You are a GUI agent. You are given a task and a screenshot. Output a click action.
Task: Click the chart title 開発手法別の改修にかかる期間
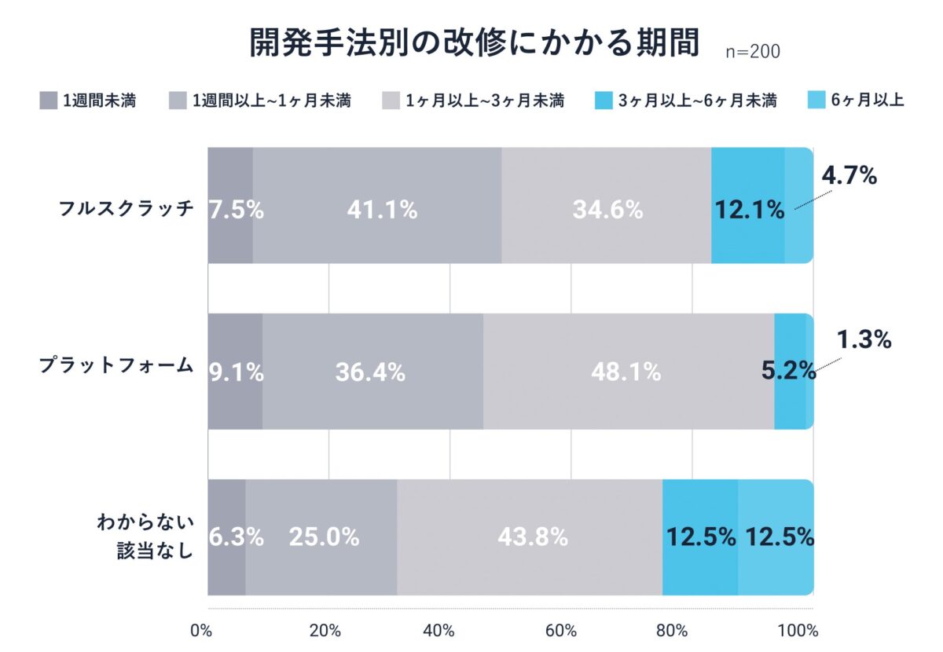474,45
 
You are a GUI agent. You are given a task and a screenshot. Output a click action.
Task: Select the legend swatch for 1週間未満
48,101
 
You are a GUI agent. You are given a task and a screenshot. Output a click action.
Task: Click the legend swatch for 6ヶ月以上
817,101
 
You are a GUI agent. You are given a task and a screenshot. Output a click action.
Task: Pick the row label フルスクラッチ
127,208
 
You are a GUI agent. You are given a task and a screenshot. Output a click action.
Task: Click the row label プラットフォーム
116,366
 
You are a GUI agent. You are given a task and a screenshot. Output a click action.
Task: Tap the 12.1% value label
749,210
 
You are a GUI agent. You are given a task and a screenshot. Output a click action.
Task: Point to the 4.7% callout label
849,176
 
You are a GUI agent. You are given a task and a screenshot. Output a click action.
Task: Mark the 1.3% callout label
863,339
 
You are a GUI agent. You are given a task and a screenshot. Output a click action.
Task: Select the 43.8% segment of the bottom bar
533,537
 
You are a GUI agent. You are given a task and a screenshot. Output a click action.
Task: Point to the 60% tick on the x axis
561,630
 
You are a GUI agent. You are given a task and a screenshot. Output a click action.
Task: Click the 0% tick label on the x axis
201,630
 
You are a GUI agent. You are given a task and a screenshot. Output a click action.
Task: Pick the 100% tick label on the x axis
802,630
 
